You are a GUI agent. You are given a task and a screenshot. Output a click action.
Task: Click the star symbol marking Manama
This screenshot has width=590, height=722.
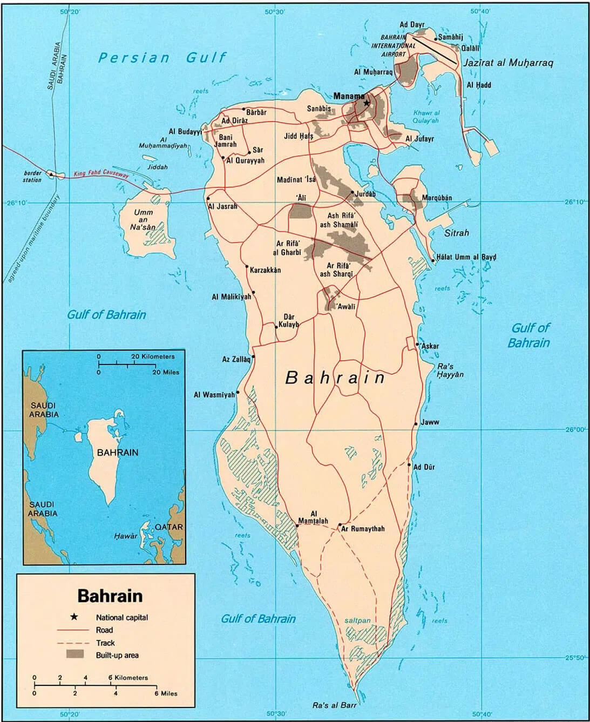[367, 103]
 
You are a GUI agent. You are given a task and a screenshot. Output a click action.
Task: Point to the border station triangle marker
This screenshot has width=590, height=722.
[51, 174]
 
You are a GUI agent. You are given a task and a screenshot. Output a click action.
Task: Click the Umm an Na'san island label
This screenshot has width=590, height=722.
[144, 220]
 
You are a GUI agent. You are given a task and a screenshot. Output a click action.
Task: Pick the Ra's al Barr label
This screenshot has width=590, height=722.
[335, 705]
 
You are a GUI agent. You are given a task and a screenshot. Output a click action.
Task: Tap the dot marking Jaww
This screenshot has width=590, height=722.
[416, 424]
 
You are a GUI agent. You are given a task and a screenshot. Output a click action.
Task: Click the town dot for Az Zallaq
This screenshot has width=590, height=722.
[253, 356]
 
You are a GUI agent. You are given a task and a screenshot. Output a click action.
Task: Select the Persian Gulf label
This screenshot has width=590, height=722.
[162, 58]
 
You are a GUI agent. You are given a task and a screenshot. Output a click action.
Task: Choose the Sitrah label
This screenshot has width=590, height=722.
[457, 233]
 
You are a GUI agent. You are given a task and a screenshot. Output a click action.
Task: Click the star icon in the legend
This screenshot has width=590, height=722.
[73, 617]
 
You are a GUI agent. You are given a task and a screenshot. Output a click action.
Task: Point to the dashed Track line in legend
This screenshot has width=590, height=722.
[72, 643]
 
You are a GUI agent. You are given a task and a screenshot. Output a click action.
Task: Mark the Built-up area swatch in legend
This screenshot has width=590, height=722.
[75, 655]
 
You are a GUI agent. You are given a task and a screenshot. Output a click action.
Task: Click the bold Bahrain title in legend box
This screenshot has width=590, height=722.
[110, 596]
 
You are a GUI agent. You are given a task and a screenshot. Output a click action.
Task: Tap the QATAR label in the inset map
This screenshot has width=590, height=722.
[168, 527]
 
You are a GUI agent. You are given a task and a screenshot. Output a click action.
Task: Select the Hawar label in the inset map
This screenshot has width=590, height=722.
[126, 536]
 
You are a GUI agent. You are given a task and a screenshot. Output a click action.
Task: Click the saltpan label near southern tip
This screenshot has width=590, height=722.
[357, 620]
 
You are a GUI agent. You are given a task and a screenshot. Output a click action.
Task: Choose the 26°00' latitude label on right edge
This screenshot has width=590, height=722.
[575, 430]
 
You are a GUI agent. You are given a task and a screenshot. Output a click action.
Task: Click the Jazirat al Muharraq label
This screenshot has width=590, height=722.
[508, 63]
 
